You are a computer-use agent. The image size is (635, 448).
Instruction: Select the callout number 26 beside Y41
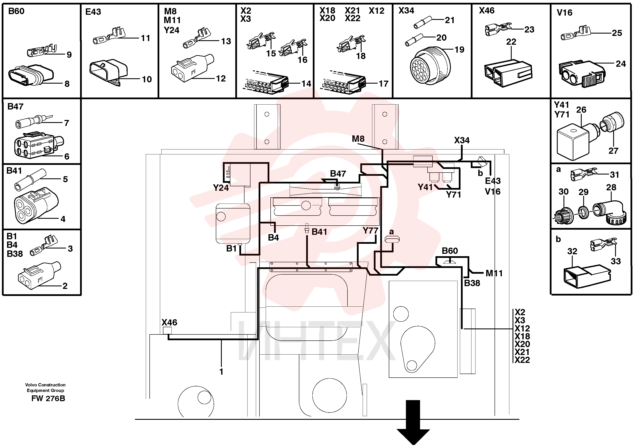581,110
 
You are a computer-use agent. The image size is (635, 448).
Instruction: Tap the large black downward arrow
413,422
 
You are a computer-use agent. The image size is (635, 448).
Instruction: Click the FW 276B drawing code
48,399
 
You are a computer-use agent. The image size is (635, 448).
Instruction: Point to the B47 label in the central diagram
338,174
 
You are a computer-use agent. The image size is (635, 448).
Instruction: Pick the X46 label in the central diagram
169,322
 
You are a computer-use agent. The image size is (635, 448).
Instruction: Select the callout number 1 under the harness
221,372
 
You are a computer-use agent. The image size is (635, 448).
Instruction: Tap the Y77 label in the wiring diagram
370,230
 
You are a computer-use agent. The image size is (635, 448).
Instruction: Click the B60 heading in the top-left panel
16,11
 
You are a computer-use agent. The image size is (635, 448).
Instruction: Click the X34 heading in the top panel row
406,10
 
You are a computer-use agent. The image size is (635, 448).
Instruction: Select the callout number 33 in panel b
616,261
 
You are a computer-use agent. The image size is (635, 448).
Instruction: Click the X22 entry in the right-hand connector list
522,360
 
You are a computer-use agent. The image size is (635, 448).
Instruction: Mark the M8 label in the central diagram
358,139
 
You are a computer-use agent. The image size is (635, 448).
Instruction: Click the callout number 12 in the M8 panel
221,78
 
